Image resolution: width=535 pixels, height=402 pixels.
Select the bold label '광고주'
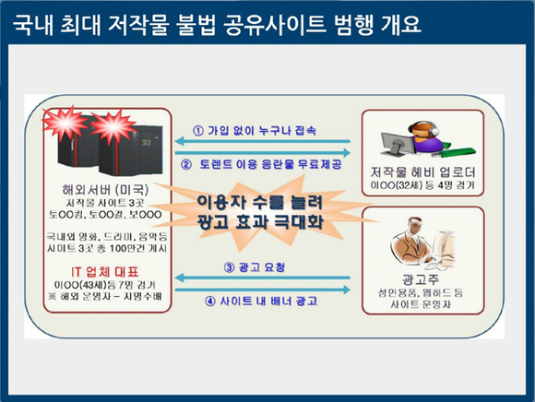(416, 278)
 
